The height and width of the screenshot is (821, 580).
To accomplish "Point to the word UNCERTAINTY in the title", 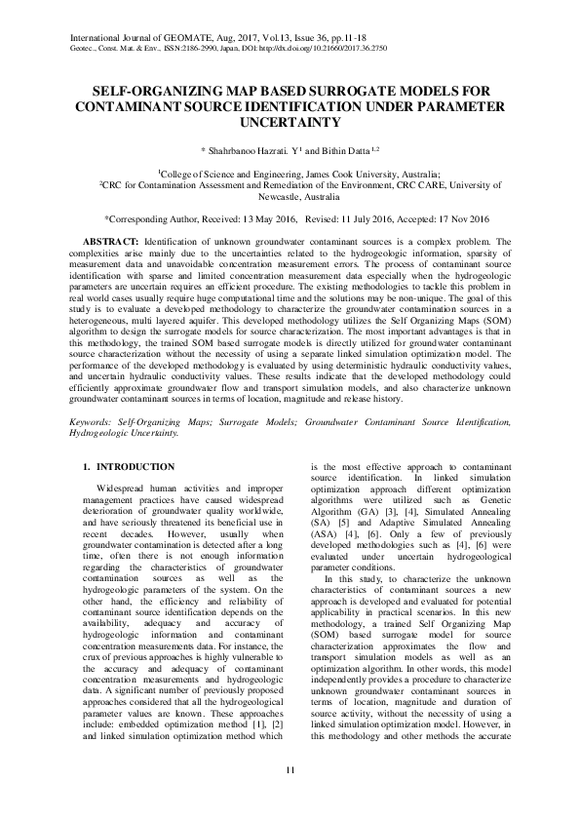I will pos(290,122).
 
